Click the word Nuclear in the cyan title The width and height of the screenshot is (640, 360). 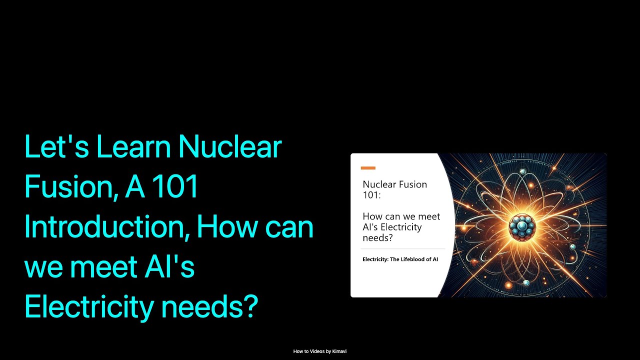coord(229,148)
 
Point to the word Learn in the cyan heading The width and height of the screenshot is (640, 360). coord(133,148)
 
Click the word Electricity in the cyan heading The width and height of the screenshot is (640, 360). coord(88,307)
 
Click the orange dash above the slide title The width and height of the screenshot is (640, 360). coord(368,168)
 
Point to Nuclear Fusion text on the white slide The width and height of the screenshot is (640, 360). coord(395,184)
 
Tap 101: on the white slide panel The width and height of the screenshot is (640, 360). coord(371,195)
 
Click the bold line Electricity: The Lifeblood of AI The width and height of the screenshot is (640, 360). coord(400,259)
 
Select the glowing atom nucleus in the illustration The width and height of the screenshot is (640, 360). coord(522,227)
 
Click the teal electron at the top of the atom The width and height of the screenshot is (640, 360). coord(523,172)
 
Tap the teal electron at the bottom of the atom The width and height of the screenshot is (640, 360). coord(526,283)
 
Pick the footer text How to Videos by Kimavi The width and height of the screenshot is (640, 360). coord(320,351)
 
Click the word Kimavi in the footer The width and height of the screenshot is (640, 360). coord(339,351)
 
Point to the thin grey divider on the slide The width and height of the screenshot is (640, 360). coord(403,248)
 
